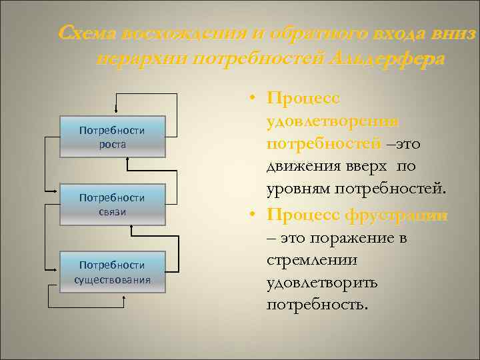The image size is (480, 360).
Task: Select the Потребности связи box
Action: coord(111,205)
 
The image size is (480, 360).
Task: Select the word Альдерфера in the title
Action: coord(386,59)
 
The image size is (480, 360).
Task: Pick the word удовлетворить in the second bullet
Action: coord(321,283)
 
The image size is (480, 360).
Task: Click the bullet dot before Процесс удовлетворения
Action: coord(254,99)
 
